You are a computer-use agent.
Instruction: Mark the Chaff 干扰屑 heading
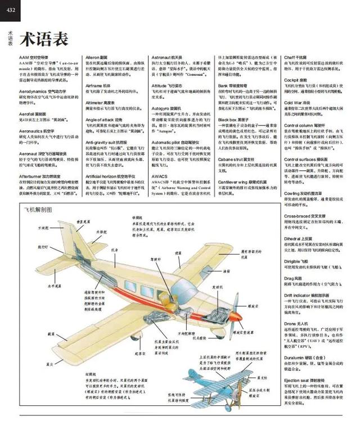300,57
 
